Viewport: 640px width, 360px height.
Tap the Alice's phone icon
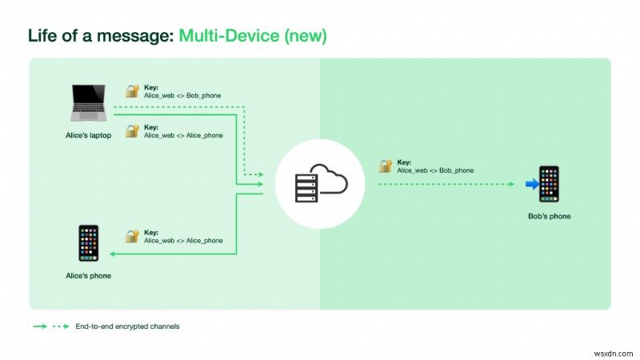click(x=89, y=243)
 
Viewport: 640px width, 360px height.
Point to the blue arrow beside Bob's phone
click(x=530, y=185)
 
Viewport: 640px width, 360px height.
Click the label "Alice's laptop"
click(x=89, y=135)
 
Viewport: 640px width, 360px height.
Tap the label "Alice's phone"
click(x=89, y=276)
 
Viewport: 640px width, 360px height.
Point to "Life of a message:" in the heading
click(x=101, y=36)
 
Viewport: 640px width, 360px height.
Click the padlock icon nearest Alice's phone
click(x=132, y=236)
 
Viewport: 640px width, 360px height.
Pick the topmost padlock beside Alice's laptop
click(x=132, y=91)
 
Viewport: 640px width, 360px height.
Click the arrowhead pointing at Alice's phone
click(x=113, y=254)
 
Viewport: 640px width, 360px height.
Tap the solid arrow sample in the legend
click(x=38, y=326)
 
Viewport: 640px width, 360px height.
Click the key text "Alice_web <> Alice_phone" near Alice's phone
click(x=183, y=240)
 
